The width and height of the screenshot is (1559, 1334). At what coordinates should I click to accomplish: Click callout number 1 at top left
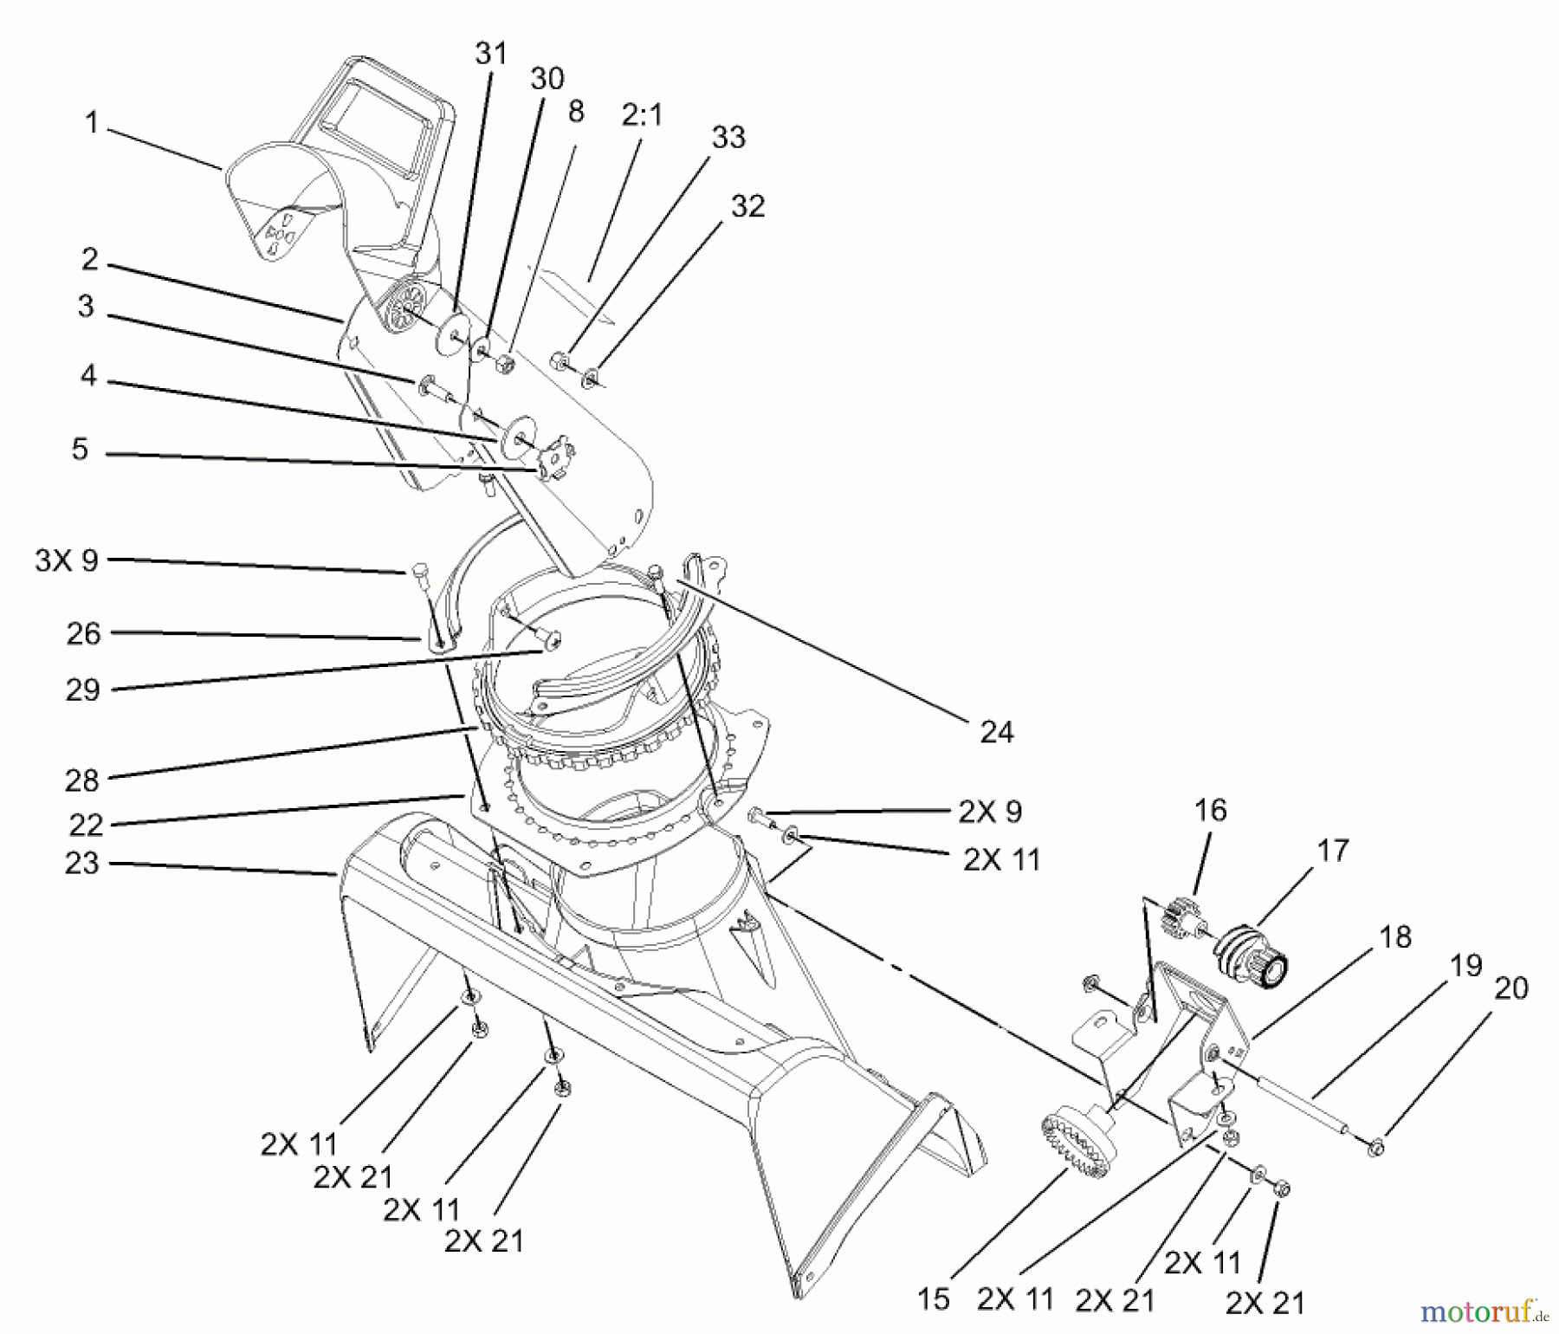91,124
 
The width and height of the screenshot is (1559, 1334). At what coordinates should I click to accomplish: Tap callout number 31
491,54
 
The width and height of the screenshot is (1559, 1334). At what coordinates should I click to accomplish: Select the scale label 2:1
641,114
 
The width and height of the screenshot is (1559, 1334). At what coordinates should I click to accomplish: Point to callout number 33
728,137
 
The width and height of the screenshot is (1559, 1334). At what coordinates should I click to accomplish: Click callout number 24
996,733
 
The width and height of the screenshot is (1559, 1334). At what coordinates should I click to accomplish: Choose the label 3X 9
67,560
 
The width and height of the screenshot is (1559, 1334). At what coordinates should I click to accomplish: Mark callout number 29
83,690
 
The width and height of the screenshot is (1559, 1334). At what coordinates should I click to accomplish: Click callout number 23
82,864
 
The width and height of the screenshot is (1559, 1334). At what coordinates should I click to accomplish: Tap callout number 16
1210,810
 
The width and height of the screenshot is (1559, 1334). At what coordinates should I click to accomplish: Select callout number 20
1511,988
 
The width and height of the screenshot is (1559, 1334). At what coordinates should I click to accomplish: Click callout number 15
934,1298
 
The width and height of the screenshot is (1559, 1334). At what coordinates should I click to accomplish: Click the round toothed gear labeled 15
1077,1146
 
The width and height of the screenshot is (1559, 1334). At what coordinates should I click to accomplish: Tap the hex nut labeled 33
560,359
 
